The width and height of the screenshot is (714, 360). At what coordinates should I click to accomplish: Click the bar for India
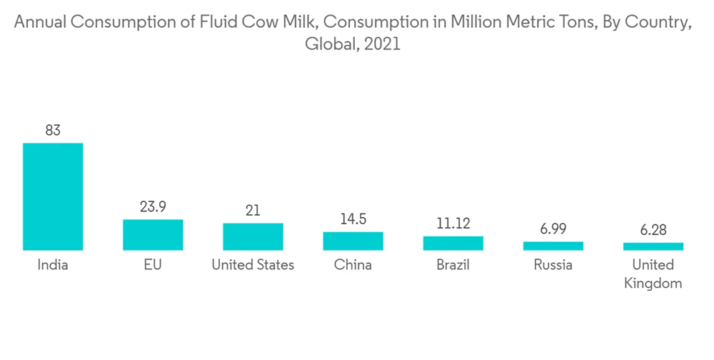[53, 196]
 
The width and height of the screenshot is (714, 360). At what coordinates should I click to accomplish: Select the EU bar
[153, 234]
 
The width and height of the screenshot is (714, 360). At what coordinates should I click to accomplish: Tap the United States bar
[253, 236]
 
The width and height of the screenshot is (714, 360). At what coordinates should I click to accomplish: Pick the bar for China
[353, 241]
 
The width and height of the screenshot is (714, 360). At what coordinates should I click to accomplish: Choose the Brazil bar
[453, 243]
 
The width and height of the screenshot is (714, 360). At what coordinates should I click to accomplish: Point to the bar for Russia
[553, 246]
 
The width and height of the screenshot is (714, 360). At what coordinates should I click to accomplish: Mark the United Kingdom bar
[653, 246]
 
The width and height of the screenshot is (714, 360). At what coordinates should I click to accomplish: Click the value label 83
[53, 131]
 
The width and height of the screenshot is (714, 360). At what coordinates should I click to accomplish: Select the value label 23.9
[153, 207]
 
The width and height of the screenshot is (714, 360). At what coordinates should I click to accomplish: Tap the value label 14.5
[353, 219]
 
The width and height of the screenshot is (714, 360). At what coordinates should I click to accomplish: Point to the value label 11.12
[453, 224]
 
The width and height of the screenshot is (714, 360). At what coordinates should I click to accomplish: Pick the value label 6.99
[553, 229]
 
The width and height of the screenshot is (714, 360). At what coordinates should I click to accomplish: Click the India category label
[53, 265]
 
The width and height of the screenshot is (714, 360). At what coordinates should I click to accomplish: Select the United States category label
[253, 265]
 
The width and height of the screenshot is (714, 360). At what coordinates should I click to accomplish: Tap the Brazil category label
[453, 265]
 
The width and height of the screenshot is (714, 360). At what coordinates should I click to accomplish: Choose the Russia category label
[553, 265]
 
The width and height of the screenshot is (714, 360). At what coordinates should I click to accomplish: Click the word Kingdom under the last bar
[653, 283]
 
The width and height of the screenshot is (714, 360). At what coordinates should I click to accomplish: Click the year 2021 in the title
[382, 44]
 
